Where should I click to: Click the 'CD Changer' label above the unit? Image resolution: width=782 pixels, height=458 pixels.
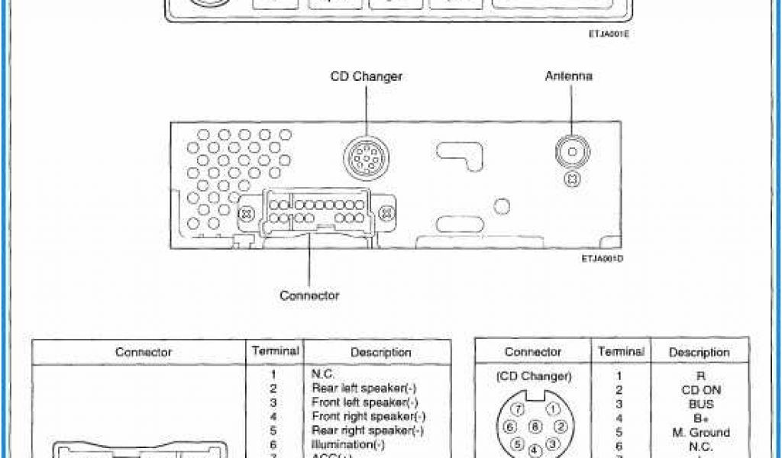tap(366, 76)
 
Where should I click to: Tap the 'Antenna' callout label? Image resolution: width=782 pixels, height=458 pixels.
tap(568, 76)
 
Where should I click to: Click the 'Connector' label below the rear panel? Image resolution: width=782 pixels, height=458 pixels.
tap(309, 295)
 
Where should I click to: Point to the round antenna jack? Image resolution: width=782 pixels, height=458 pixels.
tap(570, 152)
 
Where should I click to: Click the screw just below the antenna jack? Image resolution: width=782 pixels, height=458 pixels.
tap(570, 179)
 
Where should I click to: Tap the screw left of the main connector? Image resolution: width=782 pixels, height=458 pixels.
tap(247, 214)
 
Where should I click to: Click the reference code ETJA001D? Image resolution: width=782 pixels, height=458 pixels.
tap(603, 259)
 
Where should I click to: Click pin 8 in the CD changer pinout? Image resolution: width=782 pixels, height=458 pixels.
tap(535, 427)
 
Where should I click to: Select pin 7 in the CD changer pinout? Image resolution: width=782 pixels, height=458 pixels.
tap(517, 410)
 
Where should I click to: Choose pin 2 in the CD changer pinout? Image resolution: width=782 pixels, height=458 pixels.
tap(560, 426)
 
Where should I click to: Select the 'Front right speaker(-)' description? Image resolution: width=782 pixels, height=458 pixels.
tap(368, 417)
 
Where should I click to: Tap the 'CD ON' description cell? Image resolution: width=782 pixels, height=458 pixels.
tap(700, 390)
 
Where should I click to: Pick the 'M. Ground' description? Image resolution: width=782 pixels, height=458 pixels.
tap(700, 433)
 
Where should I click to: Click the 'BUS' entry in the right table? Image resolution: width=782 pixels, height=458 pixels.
tap(700, 405)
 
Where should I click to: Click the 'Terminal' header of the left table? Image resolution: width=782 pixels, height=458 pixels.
tap(276, 351)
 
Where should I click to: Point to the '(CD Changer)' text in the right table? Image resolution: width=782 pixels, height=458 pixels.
tap(533, 376)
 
